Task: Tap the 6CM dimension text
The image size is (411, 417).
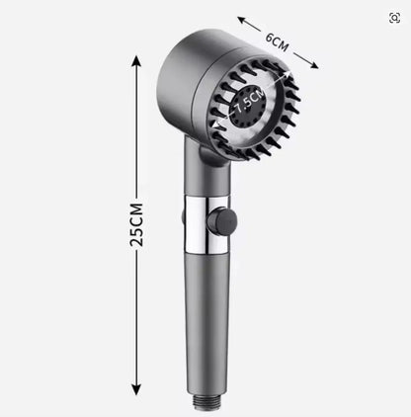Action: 278,42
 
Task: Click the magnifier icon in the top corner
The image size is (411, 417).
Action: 394,17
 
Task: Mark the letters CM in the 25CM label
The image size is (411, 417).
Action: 136,211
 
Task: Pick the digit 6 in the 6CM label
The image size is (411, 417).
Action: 269,37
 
